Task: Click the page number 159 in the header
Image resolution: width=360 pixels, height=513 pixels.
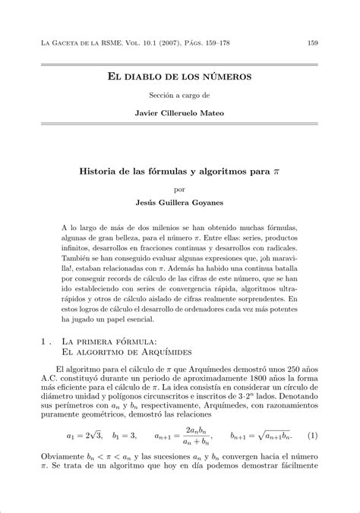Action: pyautogui.click(x=312, y=42)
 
